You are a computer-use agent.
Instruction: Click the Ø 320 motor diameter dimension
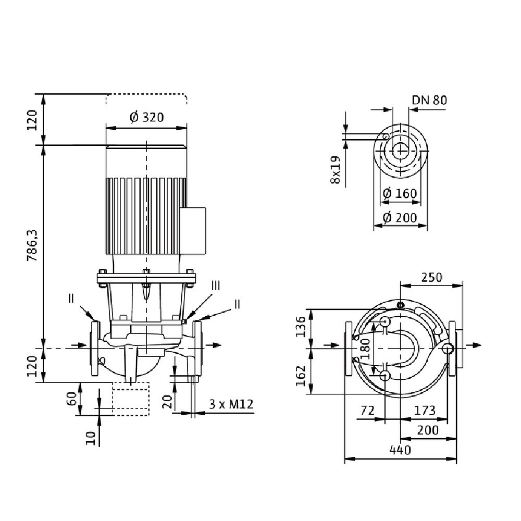pyautogui.click(x=146, y=117)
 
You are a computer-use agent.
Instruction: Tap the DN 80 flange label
pyautogui.click(x=429, y=100)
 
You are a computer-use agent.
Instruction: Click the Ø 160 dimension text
pyautogui.click(x=400, y=193)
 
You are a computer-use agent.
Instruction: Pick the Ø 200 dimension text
pyautogui.click(x=400, y=217)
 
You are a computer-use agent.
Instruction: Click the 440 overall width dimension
pyautogui.click(x=400, y=450)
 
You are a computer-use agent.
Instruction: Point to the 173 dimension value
pyautogui.click(x=425, y=411)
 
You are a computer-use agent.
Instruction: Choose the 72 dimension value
pyautogui.click(x=368, y=411)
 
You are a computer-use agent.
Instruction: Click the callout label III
pyautogui.click(x=216, y=285)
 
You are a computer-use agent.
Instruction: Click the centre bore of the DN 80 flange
pyautogui.click(x=400, y=152)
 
